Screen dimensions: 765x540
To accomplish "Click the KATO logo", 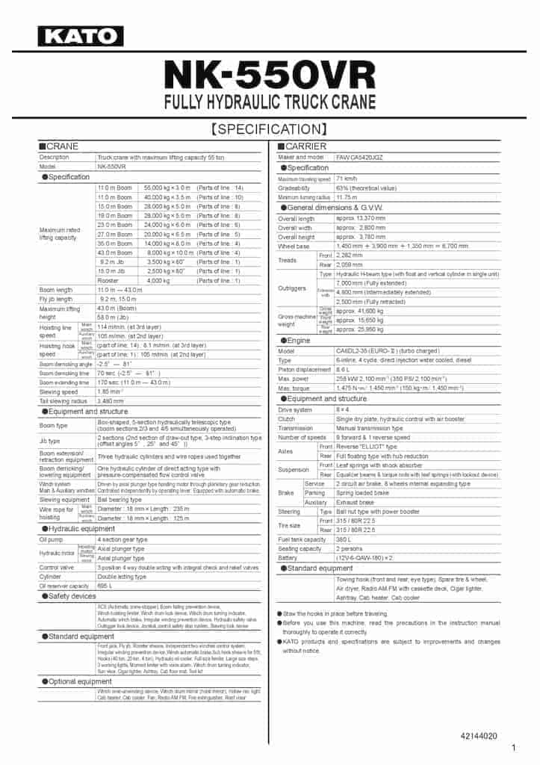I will (81, 36).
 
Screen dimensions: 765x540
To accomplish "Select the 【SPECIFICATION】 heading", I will (270, 128).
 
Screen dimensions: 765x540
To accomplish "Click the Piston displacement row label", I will (304, 369).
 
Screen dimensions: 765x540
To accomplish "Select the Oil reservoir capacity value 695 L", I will (105, 586).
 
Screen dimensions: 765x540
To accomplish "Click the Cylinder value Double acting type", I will (122, 577).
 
